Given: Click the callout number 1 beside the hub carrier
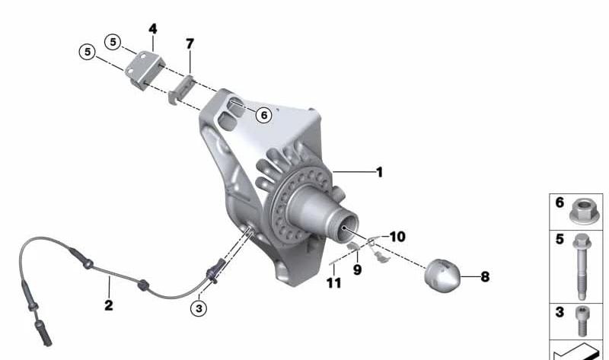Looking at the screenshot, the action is pos(379,172).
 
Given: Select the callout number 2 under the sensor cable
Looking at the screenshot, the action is pos(109,305).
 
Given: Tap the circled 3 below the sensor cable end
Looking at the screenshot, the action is pos(199,309).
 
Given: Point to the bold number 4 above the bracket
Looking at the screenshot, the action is pos(153,29).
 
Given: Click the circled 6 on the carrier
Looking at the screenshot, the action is pos(264,115).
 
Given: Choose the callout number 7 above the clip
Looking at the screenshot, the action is pos(190,44).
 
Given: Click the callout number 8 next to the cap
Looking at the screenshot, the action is pos(485,277).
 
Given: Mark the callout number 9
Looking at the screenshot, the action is pos(357,269).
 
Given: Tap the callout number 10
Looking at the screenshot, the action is pos(397,237).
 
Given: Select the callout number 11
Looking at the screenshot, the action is pos(334,282).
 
